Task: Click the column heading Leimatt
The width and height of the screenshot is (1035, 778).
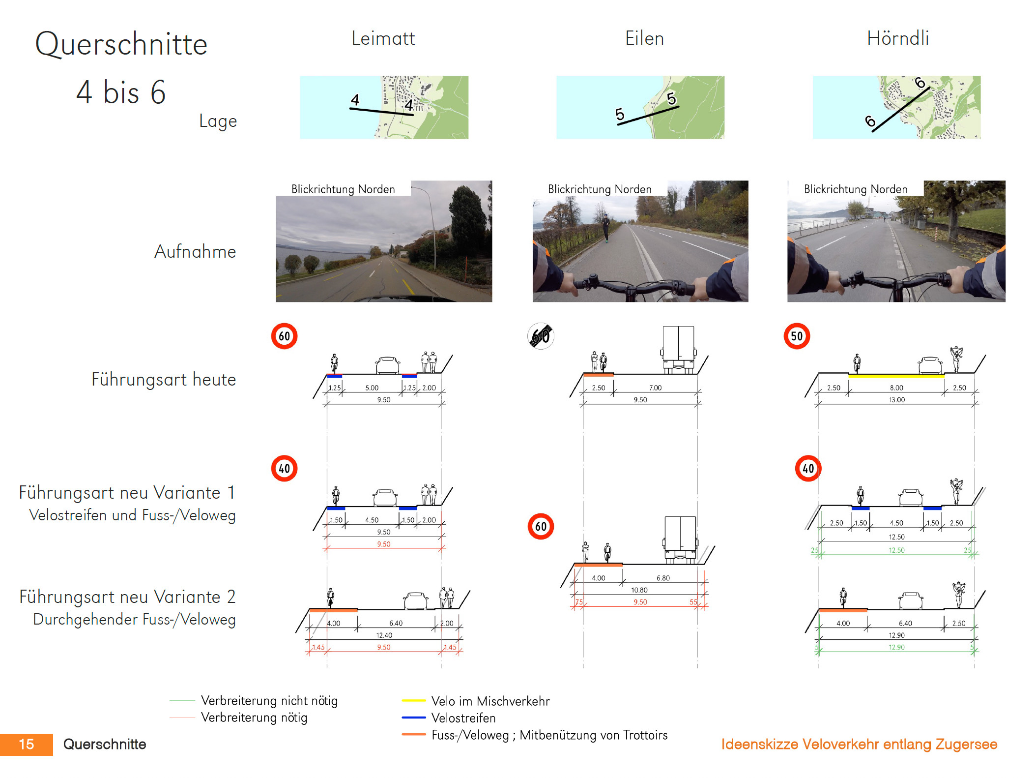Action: (x=383, y=38)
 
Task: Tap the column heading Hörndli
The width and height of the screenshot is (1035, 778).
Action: (x=898, y=38)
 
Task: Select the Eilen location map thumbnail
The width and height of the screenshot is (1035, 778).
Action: (x=640, y=107)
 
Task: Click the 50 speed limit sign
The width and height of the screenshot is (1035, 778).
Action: (x=797, y=336)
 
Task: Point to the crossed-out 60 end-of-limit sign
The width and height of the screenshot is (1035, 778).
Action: (x=541, y=336)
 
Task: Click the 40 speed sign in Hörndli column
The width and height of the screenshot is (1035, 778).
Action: (x=808, y=468)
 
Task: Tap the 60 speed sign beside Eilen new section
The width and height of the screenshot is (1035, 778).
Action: (x=541, y=526)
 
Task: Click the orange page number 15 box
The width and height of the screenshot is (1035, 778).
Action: (x=27, y=744)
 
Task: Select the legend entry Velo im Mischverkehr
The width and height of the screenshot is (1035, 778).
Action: (x=490, y=701)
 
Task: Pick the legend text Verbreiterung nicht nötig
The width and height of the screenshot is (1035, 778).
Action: (x=269, y=700)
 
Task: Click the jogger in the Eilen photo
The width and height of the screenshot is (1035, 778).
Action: (x=606, y=228)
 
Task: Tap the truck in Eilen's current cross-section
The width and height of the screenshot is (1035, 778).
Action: (x=679, y=350)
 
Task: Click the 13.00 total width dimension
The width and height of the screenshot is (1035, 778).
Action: (x=896, y=400)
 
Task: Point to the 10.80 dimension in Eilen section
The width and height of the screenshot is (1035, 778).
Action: (x=639, y=590)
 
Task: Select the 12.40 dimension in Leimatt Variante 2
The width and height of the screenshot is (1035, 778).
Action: (x=384, y=635)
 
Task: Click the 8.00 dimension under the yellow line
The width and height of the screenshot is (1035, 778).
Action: (x=896, y=388)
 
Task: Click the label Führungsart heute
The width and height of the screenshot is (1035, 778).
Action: (x=164, y=380)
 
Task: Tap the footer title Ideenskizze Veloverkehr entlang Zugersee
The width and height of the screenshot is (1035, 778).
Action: (x=859, y=744)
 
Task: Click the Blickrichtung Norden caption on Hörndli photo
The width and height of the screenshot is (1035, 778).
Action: (x=856, y=189)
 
